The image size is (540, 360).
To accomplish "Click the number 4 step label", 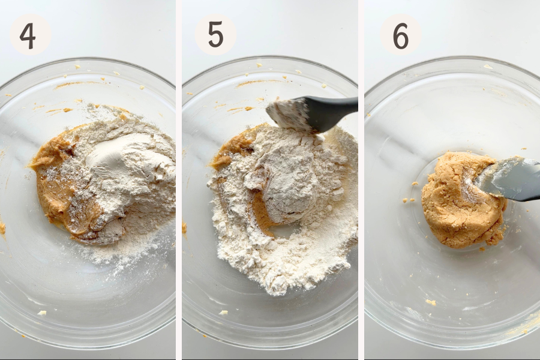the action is click(x=28, y=36).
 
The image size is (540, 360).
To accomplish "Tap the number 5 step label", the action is click(x=215, y=35).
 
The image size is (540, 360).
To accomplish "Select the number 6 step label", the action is click(x=401, y=36).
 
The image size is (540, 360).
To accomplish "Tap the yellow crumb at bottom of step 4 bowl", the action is click(x=41, y=313).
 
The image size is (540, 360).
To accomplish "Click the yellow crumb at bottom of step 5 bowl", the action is click(x=224, y=313).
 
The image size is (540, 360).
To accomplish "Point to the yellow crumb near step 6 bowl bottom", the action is click(x=430, y=302).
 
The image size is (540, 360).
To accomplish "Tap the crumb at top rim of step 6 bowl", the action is click(x=488, y=67).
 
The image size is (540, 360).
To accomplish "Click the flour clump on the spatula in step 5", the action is click(x=287, y=112).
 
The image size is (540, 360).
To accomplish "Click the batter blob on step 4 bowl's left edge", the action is click(x=2, y=228).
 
